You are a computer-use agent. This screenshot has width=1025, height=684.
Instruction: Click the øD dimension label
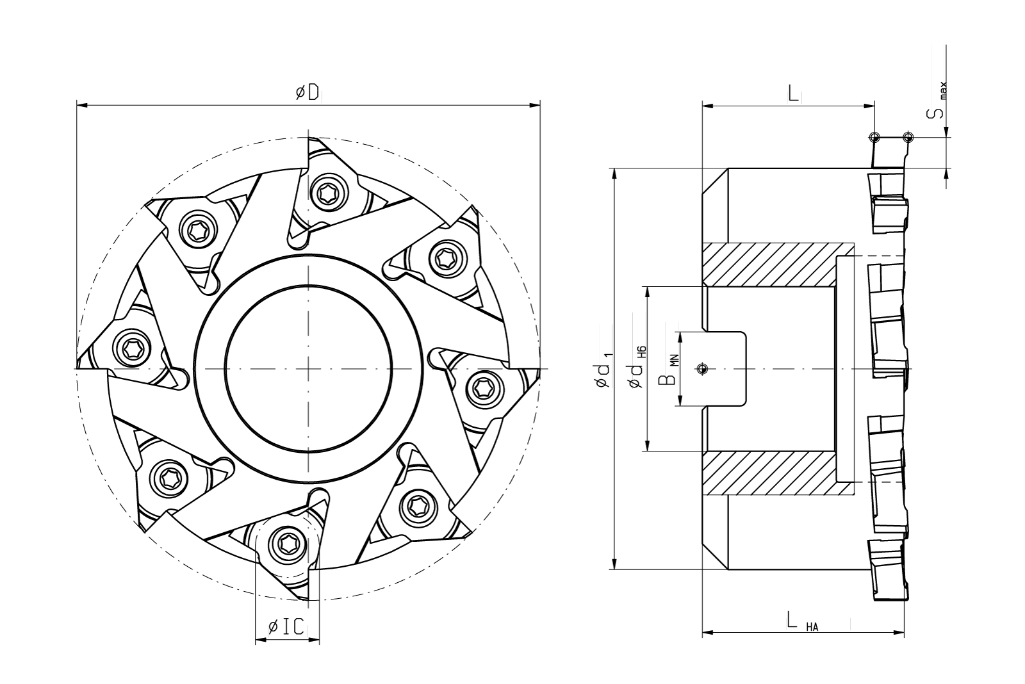click(x=307, y=93)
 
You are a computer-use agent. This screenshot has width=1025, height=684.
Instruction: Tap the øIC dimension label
click(x=286, y=627)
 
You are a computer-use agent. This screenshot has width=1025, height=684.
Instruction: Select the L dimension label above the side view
click(x=793, y=94)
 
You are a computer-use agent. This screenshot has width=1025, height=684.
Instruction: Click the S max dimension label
click(x=937, y=102)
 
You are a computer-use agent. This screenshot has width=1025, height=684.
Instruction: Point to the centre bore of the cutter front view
click(x=308, y=370)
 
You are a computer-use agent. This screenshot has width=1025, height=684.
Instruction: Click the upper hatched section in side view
click(x=778, y=265)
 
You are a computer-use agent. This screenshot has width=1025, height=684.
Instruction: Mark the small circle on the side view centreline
click(x=703, y=368)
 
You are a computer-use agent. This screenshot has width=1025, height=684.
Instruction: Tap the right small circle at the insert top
click(x=906, y=137)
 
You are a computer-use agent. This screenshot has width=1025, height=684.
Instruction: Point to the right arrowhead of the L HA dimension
click(x=899, y=633)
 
